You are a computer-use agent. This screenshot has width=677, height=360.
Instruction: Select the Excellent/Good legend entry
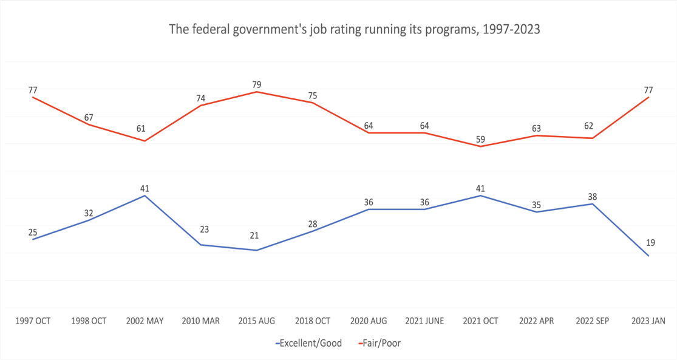point(309,343)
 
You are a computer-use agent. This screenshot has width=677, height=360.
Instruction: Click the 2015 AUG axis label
point(257,321)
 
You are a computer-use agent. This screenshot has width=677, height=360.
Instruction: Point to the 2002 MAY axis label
point(145,321)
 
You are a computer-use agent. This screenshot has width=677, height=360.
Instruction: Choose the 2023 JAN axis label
point(649,321)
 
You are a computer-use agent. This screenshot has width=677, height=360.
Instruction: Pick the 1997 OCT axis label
point(33,321)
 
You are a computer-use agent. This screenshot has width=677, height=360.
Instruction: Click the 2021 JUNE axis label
point(424,321)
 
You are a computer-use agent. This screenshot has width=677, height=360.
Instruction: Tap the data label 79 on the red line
point(257,84)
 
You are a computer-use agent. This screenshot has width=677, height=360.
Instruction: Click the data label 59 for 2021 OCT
point(480,139)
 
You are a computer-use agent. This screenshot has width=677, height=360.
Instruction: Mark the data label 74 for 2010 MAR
point(201,98)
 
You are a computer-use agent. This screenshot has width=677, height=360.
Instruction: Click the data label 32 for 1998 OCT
point(89,212)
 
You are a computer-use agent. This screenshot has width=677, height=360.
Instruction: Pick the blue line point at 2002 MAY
point(145,195)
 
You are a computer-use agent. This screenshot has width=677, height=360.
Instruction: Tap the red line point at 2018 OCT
point(313,103)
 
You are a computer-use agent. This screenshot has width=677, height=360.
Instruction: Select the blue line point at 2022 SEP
point(593,204)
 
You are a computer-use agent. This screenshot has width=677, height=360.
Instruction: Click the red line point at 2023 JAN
point(649,97)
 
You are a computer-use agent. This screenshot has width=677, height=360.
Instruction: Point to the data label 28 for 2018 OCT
point(313,224)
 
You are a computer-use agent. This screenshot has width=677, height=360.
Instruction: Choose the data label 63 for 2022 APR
point(537,128)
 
